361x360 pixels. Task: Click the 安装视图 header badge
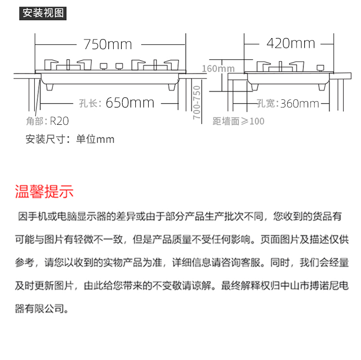pos(43,13)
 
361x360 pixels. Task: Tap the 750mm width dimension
pos(108,44)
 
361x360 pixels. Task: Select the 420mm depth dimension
pos(291,43)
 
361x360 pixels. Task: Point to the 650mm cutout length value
pos(130,103)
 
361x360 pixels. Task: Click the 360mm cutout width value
pos(300,104)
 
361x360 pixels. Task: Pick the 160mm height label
pos(218,68)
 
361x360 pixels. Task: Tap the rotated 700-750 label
pos(197,103)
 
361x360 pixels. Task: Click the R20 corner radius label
pos(59,121)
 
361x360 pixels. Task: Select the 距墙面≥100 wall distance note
pos(238,121)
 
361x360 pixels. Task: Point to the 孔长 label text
pos(90,103)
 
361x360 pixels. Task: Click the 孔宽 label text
pos(268,104)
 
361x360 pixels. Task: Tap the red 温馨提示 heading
pos(44,191)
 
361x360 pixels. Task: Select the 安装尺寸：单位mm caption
pos(70,139)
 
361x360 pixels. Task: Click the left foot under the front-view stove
pos(50,87)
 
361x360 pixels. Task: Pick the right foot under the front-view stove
pos(172,87)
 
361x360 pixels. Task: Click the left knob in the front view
pos(103,67)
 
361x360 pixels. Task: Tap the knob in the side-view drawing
pos(320,68)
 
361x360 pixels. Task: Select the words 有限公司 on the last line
pos(45,309)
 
